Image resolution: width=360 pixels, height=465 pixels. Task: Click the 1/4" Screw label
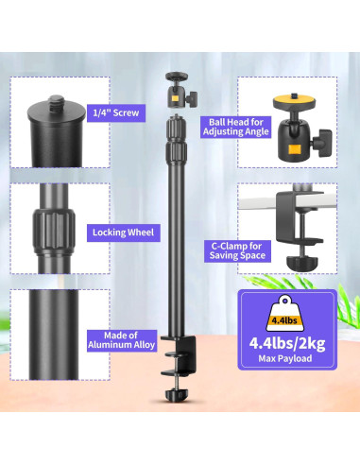click(116, 112)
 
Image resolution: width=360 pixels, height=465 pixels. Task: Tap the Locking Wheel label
click(123, 232)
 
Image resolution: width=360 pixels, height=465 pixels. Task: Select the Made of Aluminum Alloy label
click(122, 340)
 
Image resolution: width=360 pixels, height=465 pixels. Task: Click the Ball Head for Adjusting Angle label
click(236, 127)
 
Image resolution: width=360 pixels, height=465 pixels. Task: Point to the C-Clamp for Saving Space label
click(237, 250)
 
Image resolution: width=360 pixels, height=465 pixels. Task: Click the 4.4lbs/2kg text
click(287, 343)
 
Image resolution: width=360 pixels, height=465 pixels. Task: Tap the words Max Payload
click(285, 358)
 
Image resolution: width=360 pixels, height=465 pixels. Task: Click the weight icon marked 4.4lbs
click(285, 314)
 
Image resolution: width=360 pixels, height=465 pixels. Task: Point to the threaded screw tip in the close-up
click(58, 102)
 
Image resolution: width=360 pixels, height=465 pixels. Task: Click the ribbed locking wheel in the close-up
click(54, 229)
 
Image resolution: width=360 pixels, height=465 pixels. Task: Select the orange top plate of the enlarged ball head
click(294, 101)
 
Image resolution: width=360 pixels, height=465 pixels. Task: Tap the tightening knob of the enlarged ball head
click(322, 143)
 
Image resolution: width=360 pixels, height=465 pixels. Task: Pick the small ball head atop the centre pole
click(180, 90)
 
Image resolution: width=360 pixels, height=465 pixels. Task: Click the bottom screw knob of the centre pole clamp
click(177, 395)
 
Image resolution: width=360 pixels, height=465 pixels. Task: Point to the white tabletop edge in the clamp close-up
click(258, 201)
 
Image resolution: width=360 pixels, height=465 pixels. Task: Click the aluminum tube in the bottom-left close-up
click(54, 335)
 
